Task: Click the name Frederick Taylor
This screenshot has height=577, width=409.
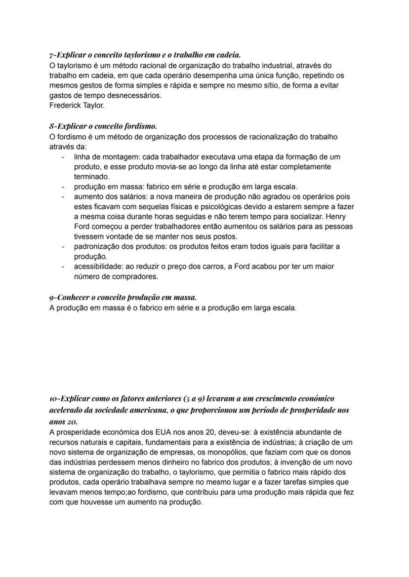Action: [77, 105]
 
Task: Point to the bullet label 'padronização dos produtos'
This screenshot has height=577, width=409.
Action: [117, 246]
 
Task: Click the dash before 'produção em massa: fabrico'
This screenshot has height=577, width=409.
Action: [63, 187]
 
